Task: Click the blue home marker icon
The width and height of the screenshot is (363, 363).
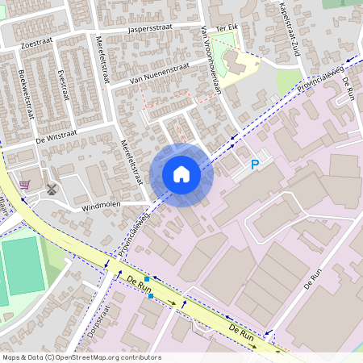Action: (181, 174)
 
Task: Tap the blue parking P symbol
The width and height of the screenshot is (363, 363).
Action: (255, 165)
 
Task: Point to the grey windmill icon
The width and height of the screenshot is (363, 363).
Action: (52, 190)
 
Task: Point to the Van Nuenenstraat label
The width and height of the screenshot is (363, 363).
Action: (160, 73)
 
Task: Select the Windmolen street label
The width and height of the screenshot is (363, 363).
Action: (100, 205)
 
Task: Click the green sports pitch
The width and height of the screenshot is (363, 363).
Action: (21, 266)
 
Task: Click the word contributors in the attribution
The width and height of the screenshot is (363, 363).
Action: (140, 357)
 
